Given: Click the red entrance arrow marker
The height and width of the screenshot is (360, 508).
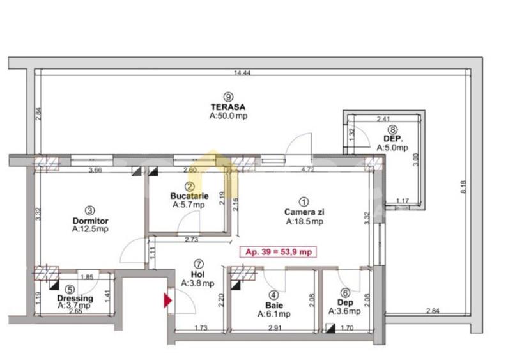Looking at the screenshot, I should (168, 300).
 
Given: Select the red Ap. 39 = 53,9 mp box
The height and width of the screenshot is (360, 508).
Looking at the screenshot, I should (278, 252).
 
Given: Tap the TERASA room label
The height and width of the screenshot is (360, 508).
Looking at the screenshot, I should (229, 107).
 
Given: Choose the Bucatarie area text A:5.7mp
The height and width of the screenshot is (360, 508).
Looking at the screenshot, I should (189, 205).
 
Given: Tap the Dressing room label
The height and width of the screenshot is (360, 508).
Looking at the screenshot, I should (75, 298).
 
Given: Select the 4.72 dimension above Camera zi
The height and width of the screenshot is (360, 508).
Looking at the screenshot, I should (308, 170).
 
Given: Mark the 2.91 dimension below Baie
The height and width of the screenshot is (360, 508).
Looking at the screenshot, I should (275, 327).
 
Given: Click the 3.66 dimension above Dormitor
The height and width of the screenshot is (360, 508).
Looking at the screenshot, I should (95, 170).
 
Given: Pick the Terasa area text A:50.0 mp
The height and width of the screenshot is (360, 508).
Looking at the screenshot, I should (229, 117).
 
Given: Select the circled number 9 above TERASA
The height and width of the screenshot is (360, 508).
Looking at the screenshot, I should (229, 96).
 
